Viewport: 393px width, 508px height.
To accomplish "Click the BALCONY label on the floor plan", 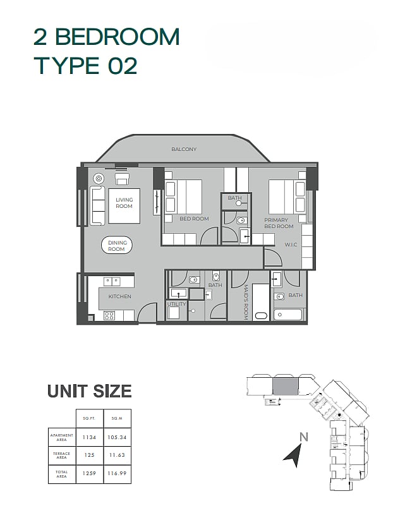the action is pyautogui.click(x=184, y=149).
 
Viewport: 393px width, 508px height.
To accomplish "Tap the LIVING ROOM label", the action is pyautogui.click(x=124, y=203).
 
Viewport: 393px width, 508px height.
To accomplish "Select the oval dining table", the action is pyautogui.click(x=117, y=246).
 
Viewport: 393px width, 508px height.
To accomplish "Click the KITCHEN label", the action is pyautogui.click(x=119, y=296).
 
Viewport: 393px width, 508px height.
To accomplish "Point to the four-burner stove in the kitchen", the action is pyautogui.click(x=109, y=315).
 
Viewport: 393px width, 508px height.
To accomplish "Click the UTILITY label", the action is pyautogui.click(x=176, y=304).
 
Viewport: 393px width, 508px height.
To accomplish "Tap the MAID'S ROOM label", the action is pyautogui.click(x=245, y=303).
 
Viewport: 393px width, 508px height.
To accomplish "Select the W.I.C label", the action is pyautogui.click(x=291, y=245).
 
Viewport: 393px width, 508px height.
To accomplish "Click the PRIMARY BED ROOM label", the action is pyautogui.click(x=279, y=223).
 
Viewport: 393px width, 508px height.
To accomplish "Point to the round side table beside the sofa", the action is pyautogui.click(x=98, y=178).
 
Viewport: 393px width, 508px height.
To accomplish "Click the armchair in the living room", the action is pyautogui.click(x=122, y=179).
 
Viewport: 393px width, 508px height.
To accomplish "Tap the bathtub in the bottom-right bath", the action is pyautogui.click(x=287, y=315).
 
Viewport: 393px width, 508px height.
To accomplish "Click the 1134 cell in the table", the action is pyautogui.click(x=89, y=437).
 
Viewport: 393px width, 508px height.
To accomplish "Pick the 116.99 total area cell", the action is pyautogui.click(x=118, y=473).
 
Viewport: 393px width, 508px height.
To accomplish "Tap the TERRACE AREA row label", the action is pyautogui.click(x=61, y=456).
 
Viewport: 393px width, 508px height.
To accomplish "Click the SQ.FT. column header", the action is pyautogui.click(x=89, y=418).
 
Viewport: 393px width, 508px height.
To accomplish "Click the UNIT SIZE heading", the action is pyautogui.click(x=90, y=391).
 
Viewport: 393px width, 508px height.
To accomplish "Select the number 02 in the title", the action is pyautogui.click(x=122, y=66).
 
